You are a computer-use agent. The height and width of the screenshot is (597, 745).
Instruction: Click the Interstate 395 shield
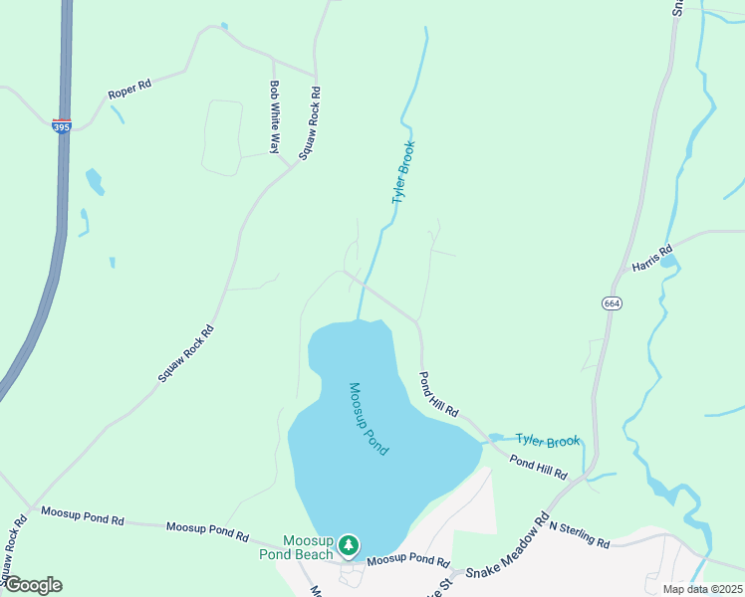click(62, 126)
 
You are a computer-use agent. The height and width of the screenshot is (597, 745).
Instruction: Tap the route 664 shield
click(612, 302)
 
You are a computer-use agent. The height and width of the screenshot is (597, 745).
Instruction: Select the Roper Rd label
click(129, 93)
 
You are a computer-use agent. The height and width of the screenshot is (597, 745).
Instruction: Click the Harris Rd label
click(652, 259)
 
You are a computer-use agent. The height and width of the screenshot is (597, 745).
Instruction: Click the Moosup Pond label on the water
click(368, 419)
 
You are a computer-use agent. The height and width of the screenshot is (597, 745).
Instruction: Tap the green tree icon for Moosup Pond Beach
click(348, 544)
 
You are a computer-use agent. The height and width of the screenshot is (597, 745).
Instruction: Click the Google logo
click(32, 585)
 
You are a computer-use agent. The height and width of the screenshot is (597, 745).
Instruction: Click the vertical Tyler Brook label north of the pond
click(402, 173)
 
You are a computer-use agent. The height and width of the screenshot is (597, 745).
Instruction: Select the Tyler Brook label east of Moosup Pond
click(547, 440)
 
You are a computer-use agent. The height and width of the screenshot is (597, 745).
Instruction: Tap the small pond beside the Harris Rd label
click(669, 262)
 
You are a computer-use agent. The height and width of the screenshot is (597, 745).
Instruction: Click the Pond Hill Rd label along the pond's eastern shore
click(438, 395)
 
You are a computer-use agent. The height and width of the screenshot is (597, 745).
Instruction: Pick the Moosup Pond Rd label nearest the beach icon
click(408, 561)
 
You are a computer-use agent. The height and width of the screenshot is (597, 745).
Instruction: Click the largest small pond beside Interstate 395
click(95, 181)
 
